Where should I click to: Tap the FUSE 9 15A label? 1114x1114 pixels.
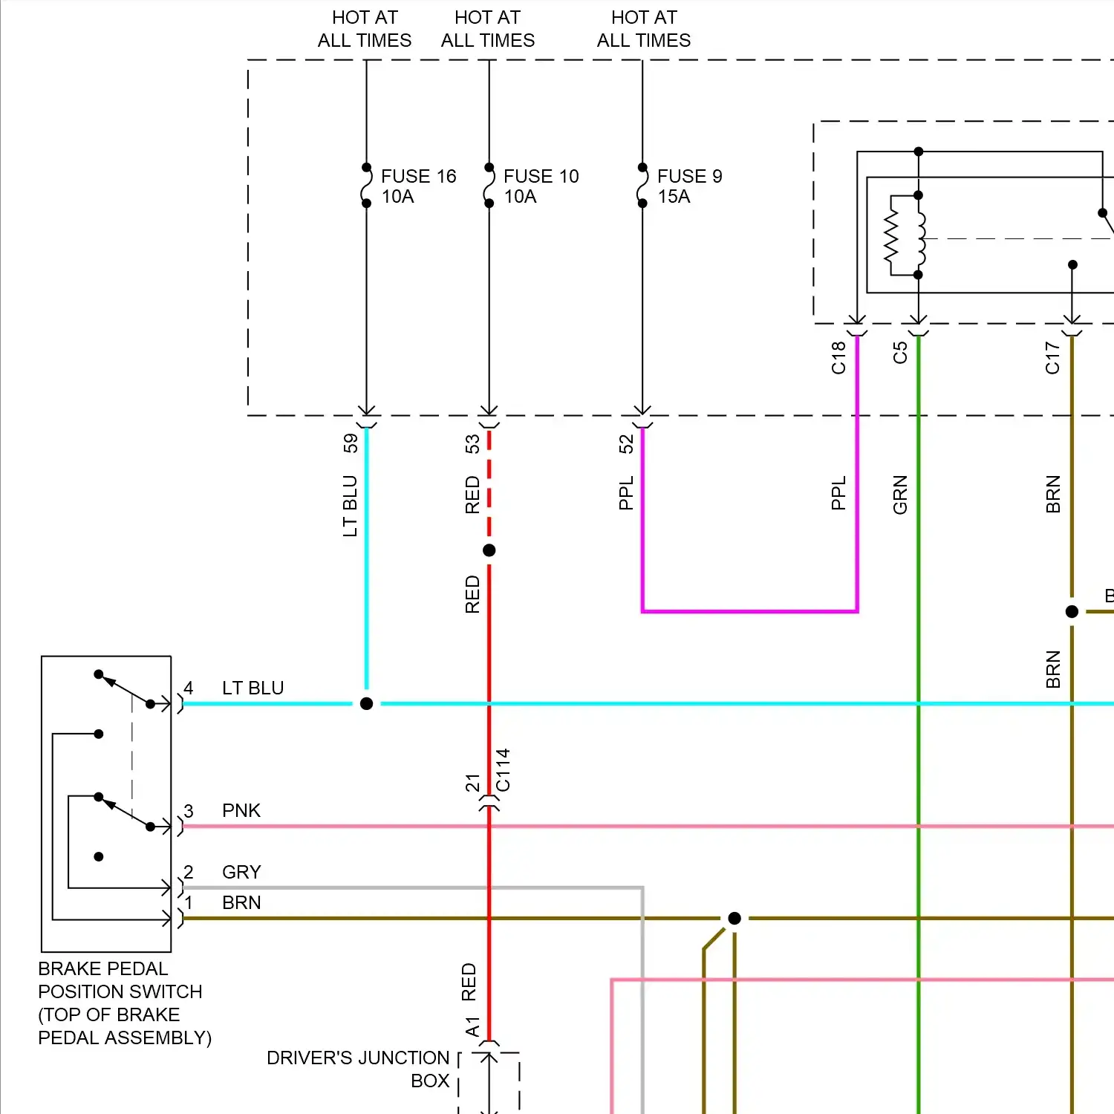689,186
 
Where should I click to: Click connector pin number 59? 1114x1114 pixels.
351,443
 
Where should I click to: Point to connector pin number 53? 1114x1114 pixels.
472,444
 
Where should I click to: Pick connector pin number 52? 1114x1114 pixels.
626,444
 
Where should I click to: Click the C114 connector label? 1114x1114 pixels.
503,770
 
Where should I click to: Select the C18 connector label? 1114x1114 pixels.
838,357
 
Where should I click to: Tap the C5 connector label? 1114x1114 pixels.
900,353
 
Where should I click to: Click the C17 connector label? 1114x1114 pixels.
1052,357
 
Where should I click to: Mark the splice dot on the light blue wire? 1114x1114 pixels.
366,703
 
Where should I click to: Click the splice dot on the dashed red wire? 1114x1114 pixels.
489,550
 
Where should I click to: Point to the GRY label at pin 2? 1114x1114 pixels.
241,872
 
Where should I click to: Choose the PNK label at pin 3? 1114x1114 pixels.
241,810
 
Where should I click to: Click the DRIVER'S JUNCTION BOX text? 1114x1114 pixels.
359,1069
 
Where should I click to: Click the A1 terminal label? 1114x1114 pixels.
472,1027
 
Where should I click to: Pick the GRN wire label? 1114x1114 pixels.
900,495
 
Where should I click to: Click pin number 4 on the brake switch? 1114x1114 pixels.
189,688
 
